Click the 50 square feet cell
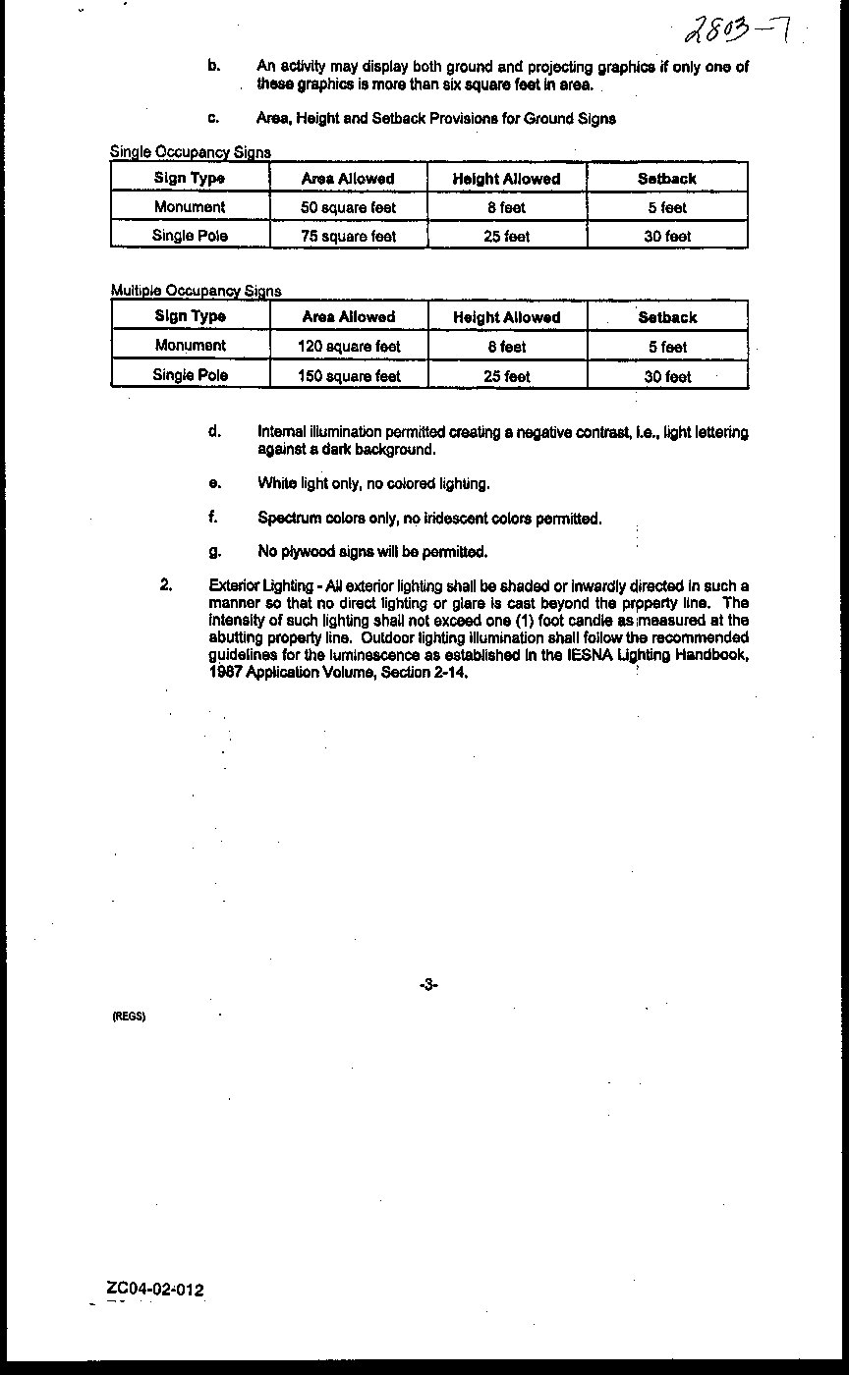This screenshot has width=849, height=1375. pyautogui.click(x=349, y=207)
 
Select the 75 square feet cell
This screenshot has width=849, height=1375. pyautogui.click(x=349, y=236)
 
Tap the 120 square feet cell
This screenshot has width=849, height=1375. pyautogui.click(x=349, y=347)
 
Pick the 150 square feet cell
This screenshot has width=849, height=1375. pyautogui.click(x=349, y=376)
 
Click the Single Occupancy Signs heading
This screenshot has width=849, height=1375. pyautogui.click(x=191, y=152)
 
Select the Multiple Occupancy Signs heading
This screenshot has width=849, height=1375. pyautogui.click(x=196, y=291)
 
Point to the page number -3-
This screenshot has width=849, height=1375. pyautogui.click(x=428, y=984)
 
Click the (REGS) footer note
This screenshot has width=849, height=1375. pyautogui.click(x=129, y=1017)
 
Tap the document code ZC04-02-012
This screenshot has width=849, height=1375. pyautogui.click(x=157, y=1290)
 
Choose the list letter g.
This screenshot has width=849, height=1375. pyautogui.click(x=214, y=551)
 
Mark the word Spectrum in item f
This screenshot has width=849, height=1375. pyautogui.click(x=288, y=518)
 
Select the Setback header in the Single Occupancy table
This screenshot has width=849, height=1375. pyautogui.click(x=667, y=179)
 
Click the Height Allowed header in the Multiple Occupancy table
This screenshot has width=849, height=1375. pyautogui.click(x=507, y=317)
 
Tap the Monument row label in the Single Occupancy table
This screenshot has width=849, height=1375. pyautogui.click(x=190, y=207)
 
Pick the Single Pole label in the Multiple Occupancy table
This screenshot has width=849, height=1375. pyautogui.click(x=190, y=375)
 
